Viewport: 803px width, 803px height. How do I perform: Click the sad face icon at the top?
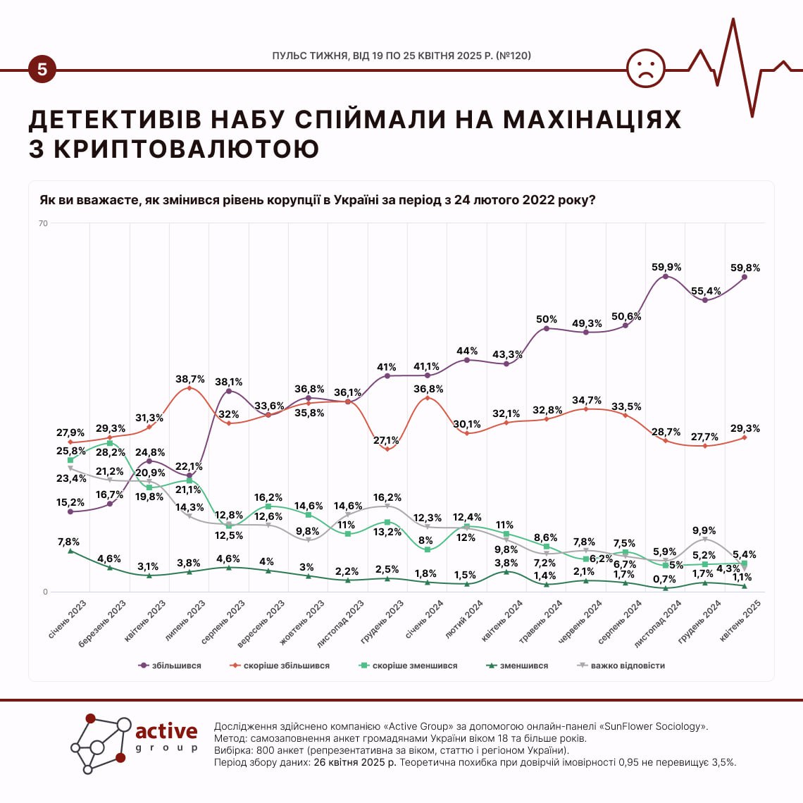tap(646, 68)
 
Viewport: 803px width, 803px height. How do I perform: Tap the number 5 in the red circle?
tap(42, 70)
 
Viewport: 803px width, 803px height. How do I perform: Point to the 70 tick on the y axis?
tap(43, 224)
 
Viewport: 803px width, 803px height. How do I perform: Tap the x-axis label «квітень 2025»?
tap(740, 620)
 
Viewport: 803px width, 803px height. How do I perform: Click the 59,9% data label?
tap(666, 268)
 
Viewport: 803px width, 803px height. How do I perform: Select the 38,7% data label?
tap(190, 380)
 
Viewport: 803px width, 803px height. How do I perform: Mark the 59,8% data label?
tap(745, 268)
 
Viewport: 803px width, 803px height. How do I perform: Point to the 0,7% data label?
tap(664, 580)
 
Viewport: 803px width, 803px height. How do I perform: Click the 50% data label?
tap(547, 320)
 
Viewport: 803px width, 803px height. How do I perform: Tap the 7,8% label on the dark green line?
tap(68, 542)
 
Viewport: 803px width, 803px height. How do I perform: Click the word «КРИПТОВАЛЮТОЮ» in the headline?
tap(187, 149)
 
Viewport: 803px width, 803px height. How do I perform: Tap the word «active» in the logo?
tap(166, 731)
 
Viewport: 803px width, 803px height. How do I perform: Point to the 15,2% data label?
tap(70, 503)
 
